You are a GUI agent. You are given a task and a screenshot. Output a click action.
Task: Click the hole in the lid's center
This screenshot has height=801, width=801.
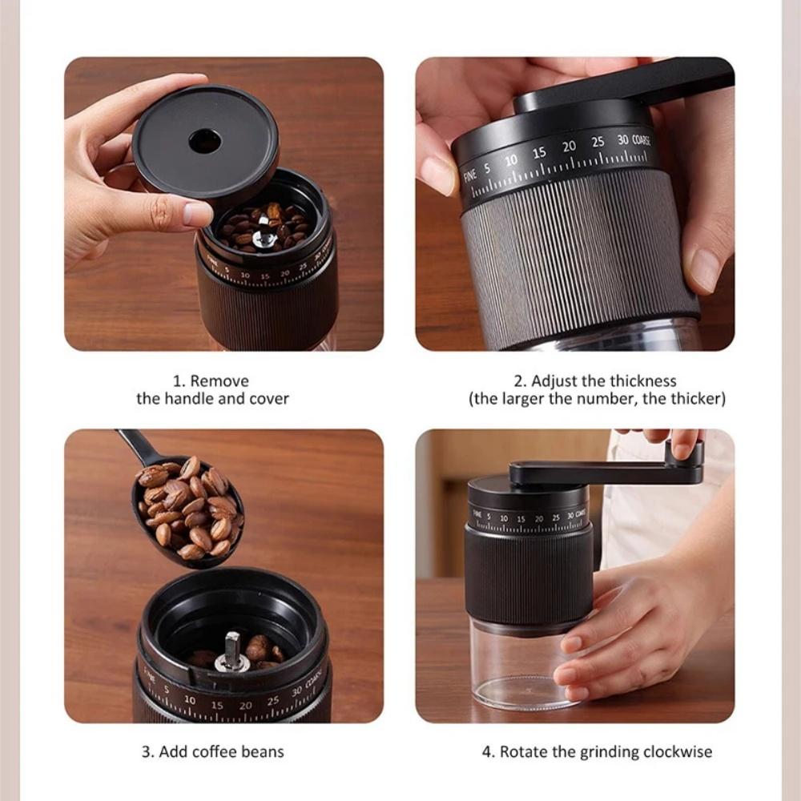[x=204, y=142]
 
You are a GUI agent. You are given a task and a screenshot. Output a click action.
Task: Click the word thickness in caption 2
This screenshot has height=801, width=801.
[x=642, y=381]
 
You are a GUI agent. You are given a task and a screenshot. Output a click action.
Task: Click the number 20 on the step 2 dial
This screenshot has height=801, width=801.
[x=569, y=147]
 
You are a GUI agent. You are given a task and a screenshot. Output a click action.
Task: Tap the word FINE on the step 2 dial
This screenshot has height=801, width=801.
[x=470, y=174]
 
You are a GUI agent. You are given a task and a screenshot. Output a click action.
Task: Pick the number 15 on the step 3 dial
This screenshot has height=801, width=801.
[x=217, y=705]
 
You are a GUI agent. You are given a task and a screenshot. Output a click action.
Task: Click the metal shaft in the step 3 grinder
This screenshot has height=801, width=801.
[x=231, y=648]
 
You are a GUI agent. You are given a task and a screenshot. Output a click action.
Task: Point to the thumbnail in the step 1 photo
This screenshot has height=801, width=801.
[x=197, y=213]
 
